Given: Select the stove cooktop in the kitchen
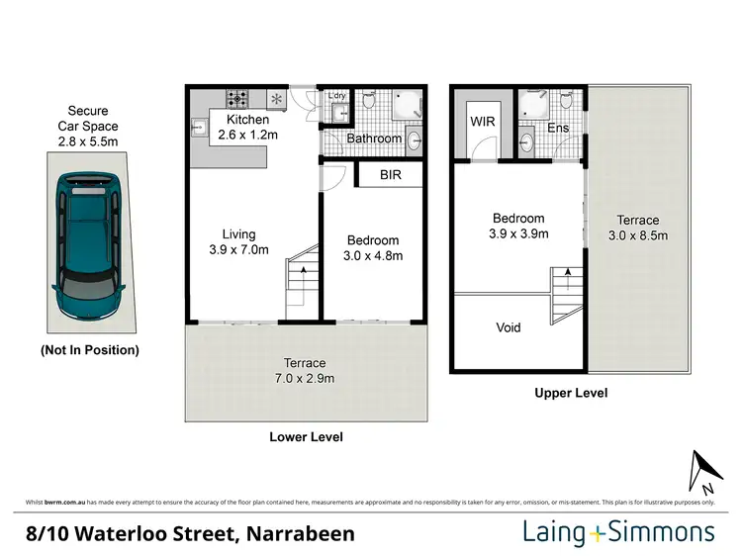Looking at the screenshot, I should point(239,98).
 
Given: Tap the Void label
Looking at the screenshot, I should point(509,327).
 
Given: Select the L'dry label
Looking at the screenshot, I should point(337,96).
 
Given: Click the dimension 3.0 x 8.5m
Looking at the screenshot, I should point(638,235).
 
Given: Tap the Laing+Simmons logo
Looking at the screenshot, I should point(618,533).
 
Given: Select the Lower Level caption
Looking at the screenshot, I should point(306,436).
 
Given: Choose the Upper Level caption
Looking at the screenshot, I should point(571,393).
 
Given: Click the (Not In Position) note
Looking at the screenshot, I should point(89,350).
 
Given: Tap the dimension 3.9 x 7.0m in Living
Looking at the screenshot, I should point(238,249).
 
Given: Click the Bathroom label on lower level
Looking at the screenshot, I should point(374,139).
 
